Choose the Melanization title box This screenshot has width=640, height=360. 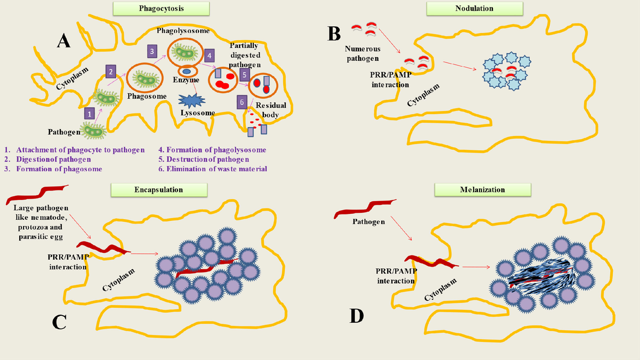click(483, 189)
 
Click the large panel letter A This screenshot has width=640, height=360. click(63, 40)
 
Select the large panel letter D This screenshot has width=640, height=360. click(356, 316)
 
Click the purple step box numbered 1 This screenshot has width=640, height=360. click(90, 113)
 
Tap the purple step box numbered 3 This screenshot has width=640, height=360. click(152, 51)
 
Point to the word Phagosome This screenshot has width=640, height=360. click(147, 96)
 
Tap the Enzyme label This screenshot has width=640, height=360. click(186, 80)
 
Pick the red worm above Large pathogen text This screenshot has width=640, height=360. click(37, 193)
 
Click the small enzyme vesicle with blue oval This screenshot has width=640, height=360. click(187, 71)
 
